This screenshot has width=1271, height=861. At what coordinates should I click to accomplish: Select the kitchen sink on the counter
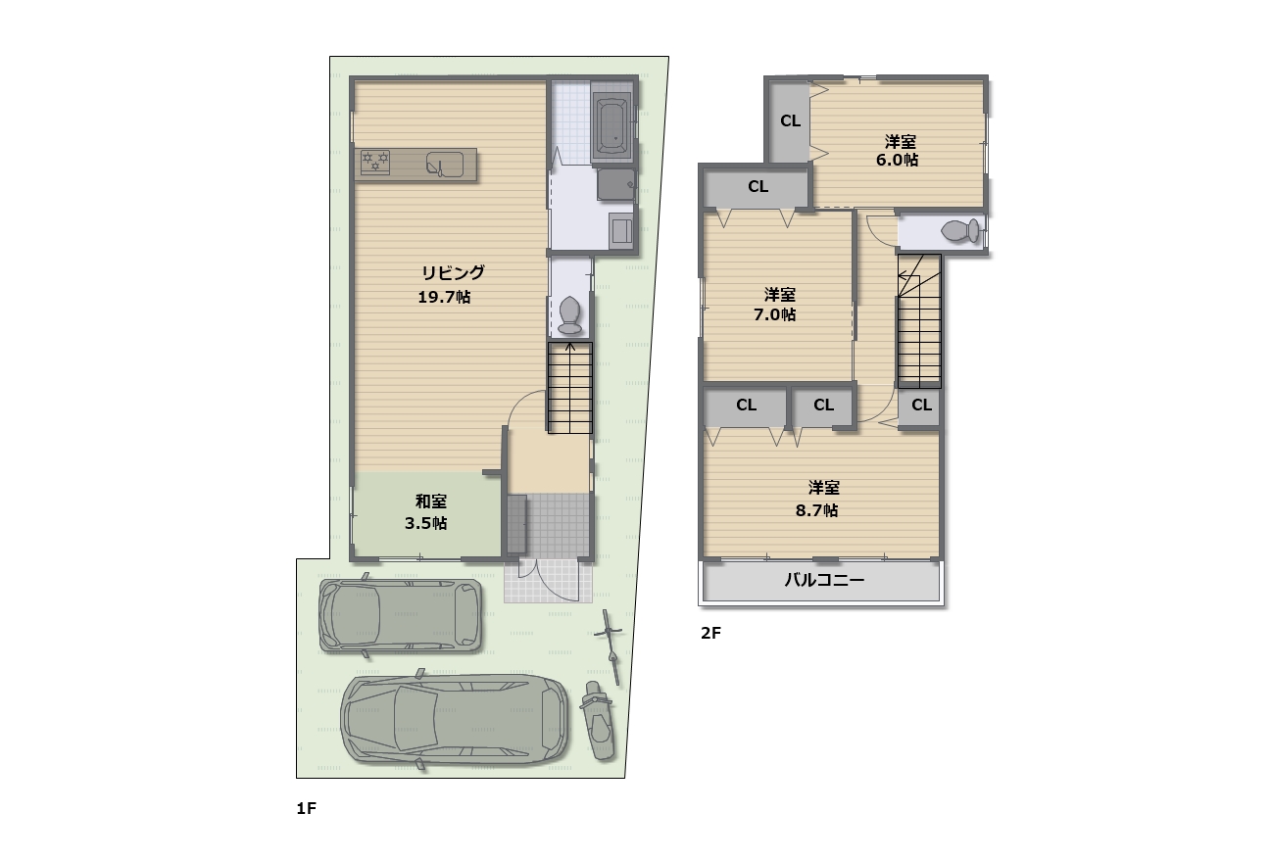(x=444, y=165)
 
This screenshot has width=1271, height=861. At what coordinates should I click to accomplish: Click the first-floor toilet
(x=569, y=317)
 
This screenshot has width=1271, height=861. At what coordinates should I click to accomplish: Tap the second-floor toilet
(x=959, y=231)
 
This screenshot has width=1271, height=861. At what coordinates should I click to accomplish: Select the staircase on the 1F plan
(x=570, y=388)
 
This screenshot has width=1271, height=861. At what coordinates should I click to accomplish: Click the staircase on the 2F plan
(x=919, y=321)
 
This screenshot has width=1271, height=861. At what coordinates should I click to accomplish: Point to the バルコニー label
(x=824, y=580)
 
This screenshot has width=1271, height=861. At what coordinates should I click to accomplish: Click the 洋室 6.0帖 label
(x=897, y=150)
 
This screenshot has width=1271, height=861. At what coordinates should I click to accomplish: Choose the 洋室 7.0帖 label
(x=775, y=304)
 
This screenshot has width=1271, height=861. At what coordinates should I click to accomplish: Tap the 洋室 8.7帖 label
(x=817, y=500)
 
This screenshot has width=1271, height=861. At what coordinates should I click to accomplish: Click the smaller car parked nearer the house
(x=400, y=615)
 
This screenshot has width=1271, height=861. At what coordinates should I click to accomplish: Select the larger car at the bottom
(x=455, y=719)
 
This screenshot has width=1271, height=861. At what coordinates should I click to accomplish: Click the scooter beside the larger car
(x=598, y=721)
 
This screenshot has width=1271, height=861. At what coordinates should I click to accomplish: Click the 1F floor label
(x=307, y=809)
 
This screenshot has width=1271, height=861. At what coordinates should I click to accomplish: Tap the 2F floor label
(x=710, y=633)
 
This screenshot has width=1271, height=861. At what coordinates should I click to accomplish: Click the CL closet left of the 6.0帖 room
(x=790, y=120)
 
